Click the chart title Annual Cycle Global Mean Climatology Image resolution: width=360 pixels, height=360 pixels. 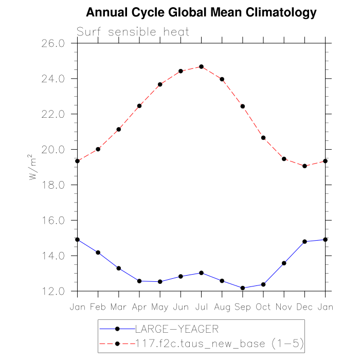[201, 12]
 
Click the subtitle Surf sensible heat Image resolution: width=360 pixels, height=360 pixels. [133, 32]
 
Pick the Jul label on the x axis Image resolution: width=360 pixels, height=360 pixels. [201, 307]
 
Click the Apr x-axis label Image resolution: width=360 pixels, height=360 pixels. [139, 307]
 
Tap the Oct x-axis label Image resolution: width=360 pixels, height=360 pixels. [263, 307]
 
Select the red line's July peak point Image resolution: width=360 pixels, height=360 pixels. [201, 66]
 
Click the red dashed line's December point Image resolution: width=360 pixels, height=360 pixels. [304, 166]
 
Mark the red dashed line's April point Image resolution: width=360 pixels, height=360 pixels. [139, 106]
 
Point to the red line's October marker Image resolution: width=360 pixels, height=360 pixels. [263, 138]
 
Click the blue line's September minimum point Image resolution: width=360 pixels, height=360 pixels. [243, 288]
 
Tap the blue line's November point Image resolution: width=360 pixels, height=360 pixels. [284, 263]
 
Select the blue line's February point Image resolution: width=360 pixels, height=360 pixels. [98, 253]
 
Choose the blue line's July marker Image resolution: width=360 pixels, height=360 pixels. [201, 273]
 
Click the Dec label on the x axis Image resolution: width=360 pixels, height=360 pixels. [304, 307]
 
